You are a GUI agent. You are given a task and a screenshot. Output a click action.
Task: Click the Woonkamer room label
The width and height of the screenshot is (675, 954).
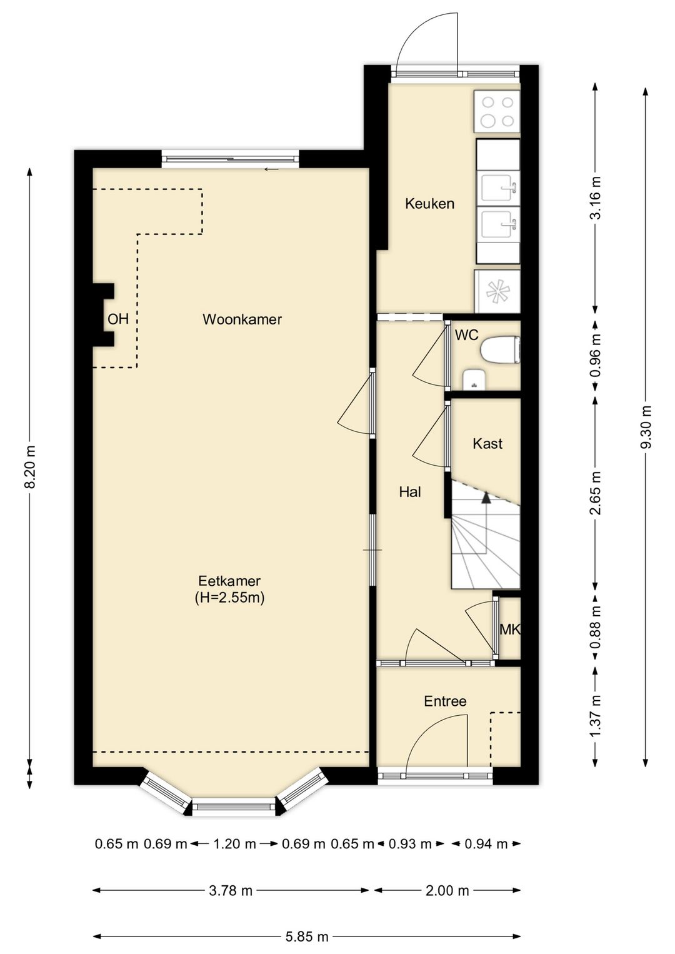click(x=242, y=319)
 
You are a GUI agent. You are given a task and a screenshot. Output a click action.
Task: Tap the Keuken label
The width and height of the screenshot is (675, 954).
click(x=429, y=203)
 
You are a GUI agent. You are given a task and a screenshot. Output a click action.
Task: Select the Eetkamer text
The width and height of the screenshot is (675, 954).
click(x=229, y=580)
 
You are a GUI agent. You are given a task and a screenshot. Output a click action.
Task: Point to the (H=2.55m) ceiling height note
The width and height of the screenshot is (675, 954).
click(x=229, y=598)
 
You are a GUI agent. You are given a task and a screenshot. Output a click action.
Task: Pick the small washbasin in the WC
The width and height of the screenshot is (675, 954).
click(x=475, y=379)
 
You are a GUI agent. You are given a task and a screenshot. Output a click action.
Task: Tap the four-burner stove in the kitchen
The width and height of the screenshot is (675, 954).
click(x=497, y=112)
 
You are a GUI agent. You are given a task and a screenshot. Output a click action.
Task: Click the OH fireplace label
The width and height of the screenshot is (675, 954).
click(x=118, y=319)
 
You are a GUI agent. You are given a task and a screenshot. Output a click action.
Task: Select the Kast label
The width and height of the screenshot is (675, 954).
click(x=487, y=444)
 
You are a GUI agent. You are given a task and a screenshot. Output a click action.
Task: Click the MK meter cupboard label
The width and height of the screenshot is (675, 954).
click(x=509, y=630)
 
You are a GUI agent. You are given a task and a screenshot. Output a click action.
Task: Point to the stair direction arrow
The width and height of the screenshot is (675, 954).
click(x=486, y=497)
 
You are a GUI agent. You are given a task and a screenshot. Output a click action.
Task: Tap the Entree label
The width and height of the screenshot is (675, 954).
click(x=445, y=701)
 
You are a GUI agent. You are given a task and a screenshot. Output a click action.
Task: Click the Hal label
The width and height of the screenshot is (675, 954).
click(x=410, y=492)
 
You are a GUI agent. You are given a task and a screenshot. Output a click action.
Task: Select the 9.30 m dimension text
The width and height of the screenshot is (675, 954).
click(x=646, y=427)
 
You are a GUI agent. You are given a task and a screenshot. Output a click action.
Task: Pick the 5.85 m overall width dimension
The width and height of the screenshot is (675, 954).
click(x=307, y=936)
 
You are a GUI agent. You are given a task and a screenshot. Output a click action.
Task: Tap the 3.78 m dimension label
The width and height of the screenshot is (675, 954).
click(x=231, y=891)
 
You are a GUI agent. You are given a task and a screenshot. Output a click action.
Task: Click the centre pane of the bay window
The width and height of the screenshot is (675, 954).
click(x=234, y=807)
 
